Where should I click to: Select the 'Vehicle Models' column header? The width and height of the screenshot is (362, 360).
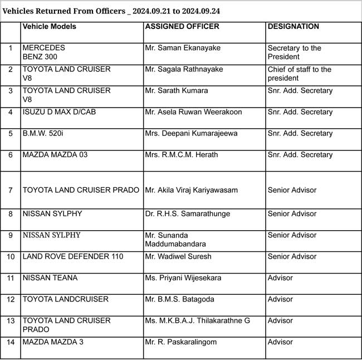(50, 27)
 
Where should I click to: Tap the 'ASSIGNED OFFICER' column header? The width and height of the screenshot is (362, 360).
(182, 27)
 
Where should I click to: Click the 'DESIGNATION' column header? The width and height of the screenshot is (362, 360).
(293, 27)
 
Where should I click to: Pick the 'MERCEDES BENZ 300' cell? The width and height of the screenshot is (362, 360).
(44, 52)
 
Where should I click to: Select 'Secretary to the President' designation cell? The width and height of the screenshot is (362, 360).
(294, 52)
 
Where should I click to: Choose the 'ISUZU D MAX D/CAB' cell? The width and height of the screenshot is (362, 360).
(58, 112)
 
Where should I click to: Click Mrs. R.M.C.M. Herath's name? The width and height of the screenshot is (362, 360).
(182, 154)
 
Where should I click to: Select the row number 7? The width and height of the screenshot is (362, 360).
(11, 190)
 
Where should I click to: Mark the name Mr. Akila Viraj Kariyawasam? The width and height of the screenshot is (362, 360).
(191, 190)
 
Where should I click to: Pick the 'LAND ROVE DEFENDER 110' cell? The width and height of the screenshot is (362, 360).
(65, 256)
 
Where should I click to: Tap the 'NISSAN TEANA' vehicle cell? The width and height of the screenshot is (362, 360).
(50, 278)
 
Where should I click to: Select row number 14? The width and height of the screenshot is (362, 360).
(11, 342)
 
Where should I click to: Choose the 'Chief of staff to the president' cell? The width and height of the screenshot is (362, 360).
(299, 74)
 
